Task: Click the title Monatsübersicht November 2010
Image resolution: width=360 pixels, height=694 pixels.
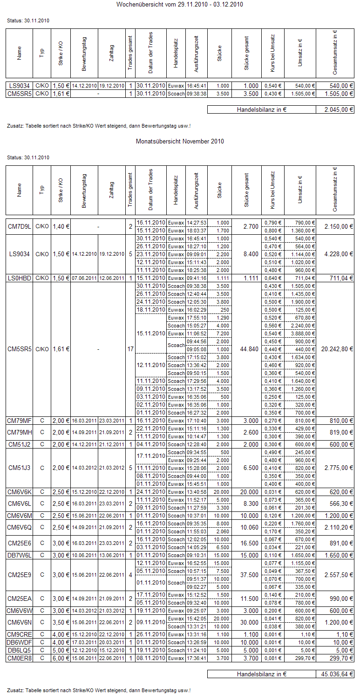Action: (180, 141)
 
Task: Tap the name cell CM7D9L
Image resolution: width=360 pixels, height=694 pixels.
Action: (20, 226)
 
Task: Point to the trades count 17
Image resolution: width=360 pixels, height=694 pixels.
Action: (130, 349)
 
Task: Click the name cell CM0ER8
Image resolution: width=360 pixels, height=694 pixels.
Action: (20, 658)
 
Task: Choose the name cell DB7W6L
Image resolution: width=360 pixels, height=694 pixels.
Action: (20, 555)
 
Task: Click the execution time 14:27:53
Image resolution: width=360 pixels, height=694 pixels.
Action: (197, 223)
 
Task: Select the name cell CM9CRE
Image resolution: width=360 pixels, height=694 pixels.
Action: (20, 634)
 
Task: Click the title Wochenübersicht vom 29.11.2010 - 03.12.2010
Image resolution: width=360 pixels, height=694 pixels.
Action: (180, 5)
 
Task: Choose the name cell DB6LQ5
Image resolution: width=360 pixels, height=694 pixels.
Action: (20, 650)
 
